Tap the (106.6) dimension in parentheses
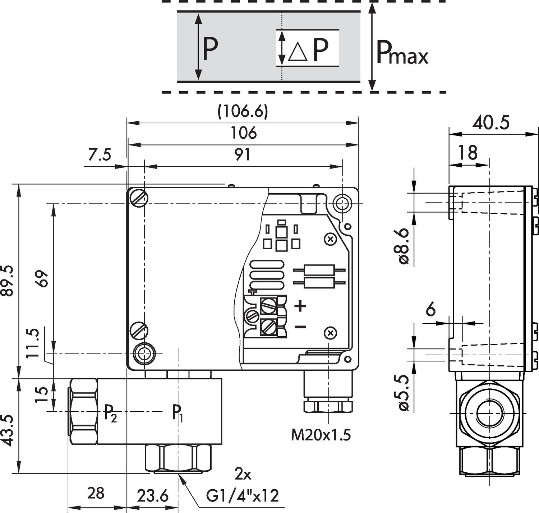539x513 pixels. pos(243,112)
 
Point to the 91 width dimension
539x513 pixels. pos(243,154)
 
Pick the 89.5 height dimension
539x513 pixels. pos(8,281)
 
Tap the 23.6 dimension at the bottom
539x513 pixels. pos(153,496)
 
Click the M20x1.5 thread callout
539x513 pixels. pos(321,435)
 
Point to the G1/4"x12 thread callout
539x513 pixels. pos(243,496)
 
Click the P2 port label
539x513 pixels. pos(110,413)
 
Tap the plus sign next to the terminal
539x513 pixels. pos(300,306)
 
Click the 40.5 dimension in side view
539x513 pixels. pos(490,123)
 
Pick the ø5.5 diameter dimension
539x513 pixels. pos(404,392)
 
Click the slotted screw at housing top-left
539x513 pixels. pos(139,198)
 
